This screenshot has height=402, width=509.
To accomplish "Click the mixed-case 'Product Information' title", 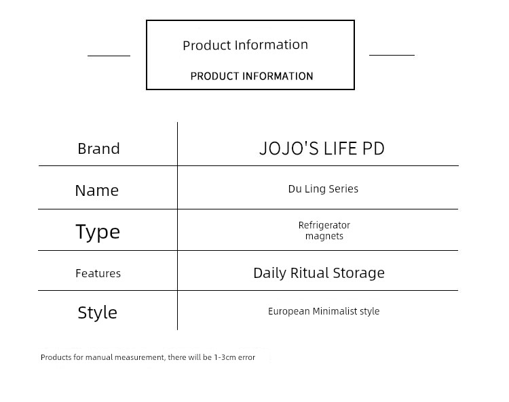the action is point(246,45).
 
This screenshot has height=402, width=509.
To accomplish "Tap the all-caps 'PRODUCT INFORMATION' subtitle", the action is point(252,76).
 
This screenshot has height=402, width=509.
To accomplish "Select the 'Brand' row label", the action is point(98,149).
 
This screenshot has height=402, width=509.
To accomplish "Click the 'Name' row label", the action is point(97,190).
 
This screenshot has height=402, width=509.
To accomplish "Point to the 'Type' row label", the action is point(98,232).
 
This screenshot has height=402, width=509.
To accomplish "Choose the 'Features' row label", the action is point(98,273).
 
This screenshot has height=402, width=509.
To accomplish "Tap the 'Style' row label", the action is point(97,313).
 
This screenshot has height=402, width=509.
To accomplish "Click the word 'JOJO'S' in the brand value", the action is point(289,148).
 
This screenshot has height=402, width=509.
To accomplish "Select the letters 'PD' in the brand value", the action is point(373,148).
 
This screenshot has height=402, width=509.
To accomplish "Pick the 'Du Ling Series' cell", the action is point(323,188).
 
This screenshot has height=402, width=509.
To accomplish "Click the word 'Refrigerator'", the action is point(324,225).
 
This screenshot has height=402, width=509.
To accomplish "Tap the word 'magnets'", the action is point(324,236).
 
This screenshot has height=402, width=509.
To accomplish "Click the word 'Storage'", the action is point(359,273).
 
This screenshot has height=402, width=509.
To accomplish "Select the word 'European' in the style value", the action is point(289,312).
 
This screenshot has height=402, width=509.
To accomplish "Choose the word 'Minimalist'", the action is point(335,311).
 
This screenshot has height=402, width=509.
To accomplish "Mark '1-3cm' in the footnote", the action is point(225,357).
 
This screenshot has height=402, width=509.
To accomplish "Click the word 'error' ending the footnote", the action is point(247,357).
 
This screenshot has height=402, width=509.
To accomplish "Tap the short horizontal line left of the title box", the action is point(109,56).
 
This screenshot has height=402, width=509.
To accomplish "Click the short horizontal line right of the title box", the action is point(392,55).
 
